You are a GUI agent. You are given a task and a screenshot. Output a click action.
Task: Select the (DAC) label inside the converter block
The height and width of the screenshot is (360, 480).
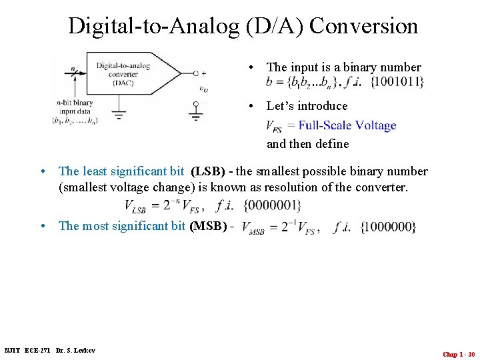[123, 83]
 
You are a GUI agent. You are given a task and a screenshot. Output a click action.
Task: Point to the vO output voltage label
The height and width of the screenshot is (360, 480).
[203, 88]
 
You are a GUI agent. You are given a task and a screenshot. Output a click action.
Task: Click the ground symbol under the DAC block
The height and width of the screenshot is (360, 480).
[119, 114]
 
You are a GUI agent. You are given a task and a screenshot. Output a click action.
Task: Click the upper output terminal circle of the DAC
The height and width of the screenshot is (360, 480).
[195, 73]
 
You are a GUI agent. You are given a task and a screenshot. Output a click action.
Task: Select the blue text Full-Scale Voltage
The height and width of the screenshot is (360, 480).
[347, 125]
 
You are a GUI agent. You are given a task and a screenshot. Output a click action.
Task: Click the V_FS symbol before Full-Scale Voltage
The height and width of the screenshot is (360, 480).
[273, 126]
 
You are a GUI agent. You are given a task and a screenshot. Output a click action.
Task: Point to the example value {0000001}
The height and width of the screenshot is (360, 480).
[272, 205]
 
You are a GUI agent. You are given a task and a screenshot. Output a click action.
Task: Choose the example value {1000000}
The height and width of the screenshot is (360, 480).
[388, 227]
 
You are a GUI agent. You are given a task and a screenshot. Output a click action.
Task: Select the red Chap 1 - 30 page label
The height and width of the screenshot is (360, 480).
[459, 354]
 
